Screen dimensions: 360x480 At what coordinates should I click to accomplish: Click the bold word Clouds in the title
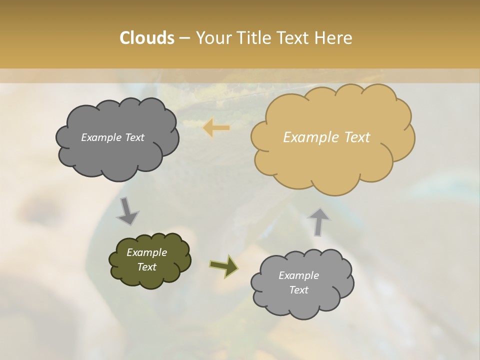(146, 38)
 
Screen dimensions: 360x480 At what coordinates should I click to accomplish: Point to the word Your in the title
(214, 38)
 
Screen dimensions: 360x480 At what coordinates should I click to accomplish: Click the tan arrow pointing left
(216, 128)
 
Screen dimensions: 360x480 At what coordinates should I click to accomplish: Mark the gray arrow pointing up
(318, 221)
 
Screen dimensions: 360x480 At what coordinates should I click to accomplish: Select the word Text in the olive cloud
(146, 267)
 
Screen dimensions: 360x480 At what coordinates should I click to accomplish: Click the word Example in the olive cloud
(146, 252)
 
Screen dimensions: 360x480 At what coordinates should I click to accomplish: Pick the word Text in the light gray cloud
(298, 290)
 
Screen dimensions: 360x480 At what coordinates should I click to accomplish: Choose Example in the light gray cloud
(298, 275)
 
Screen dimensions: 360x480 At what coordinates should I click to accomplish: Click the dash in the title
(184, 38)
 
